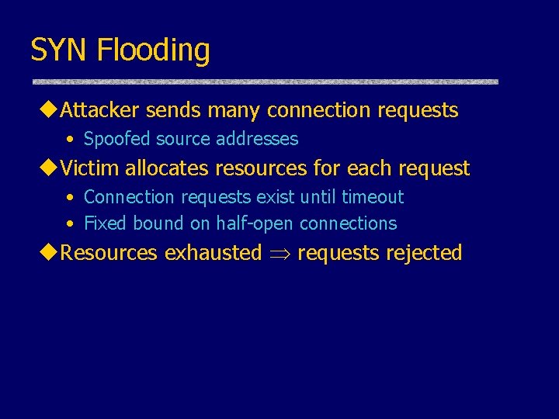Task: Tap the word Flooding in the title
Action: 154,50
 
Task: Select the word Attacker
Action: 100,110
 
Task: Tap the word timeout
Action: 373,197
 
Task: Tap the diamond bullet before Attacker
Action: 51,110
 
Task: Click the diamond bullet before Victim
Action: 51,168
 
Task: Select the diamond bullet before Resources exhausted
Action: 51,253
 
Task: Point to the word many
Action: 234,110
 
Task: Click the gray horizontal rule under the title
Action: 265,81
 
